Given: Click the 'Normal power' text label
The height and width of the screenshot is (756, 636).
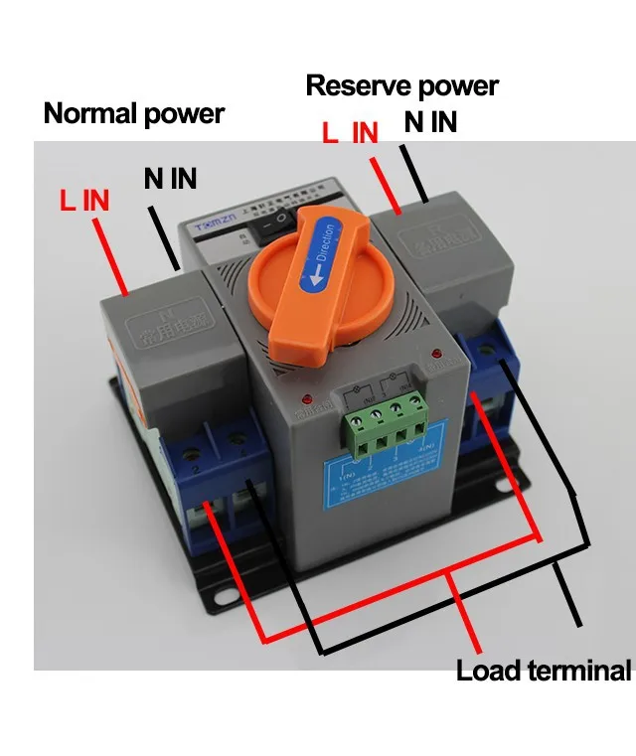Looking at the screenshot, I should pos(133,114).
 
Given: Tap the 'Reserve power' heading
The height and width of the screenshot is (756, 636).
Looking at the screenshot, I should pos(400,85).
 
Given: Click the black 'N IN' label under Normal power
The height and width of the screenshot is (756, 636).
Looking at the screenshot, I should pos(170,179).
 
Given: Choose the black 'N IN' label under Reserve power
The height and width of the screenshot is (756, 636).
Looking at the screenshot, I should pos(430,122).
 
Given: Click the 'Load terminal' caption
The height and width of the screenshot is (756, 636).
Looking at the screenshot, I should pos(543,672).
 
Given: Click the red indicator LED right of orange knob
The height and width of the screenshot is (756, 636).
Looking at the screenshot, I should pos(435,354).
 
